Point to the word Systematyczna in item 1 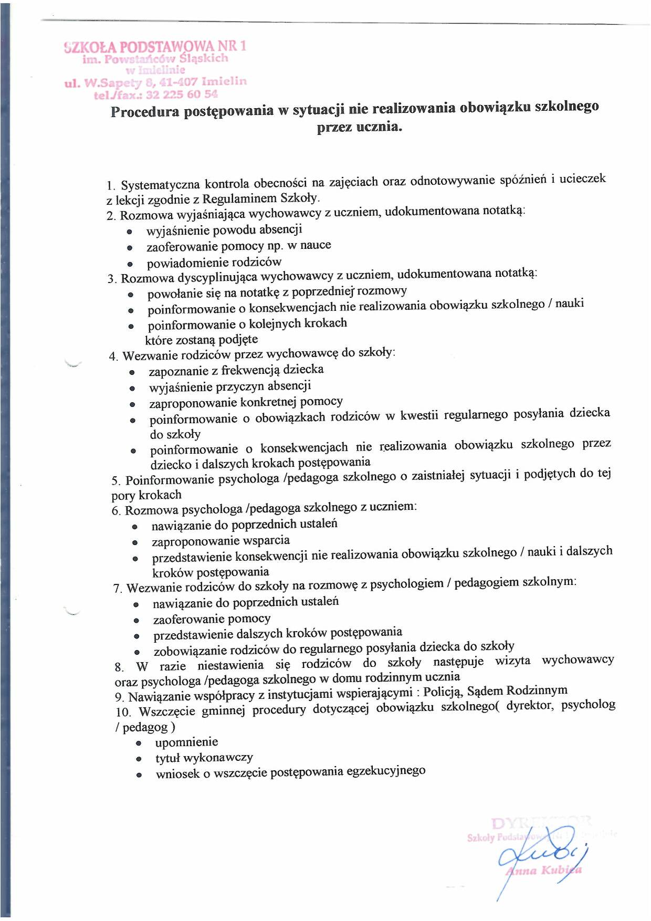(160, 185)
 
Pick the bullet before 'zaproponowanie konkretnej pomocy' (132, 404)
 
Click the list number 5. (115, 480)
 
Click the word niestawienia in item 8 (230, 665)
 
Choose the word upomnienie (186, 742)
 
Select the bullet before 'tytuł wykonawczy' (139, 759)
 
